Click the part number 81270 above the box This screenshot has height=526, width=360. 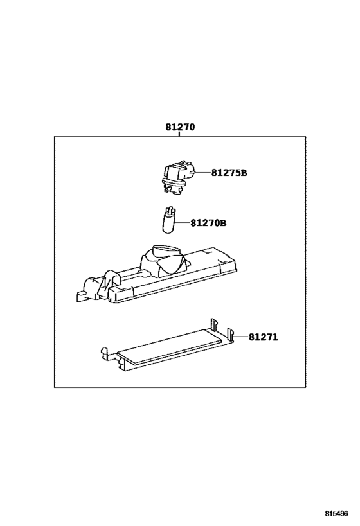(x=180, y=127)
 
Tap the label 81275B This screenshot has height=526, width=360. (x=229, y=173)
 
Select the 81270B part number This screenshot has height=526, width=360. (x=208, y=223)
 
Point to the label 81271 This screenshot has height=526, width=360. (x=264, y=337)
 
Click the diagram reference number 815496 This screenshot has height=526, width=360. (x=336, y=513)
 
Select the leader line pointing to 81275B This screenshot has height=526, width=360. (x=203, y=173)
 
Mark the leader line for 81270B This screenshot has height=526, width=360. (x=182, y=223)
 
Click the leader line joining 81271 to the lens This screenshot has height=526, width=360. (x=240, y=337)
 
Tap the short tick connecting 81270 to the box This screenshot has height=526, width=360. (x=179, y=134)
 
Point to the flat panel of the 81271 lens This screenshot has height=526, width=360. (x=170, y=347)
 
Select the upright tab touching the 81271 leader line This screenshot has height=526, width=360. (x=230, y=335)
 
